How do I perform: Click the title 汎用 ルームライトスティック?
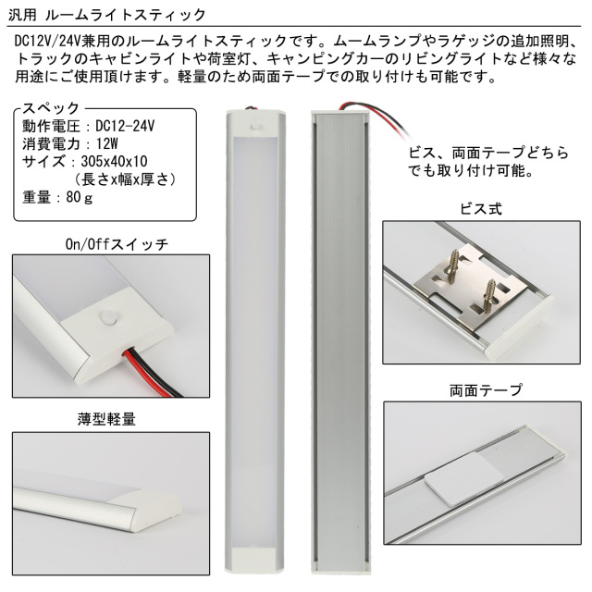point(107,15)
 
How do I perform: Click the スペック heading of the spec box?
point(51,108)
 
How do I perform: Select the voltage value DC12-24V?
point(125,126)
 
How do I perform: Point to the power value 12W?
point(107,143)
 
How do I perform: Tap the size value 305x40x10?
point(114,161)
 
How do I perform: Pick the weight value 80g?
point(80,197)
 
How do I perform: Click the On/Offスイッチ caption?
point(117,244)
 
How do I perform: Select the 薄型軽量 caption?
point(106,419)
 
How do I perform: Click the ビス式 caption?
point(481,209)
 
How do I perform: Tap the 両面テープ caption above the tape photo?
point(486,390)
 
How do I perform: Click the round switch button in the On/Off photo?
point(109,317)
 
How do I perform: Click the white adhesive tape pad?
point(465,478)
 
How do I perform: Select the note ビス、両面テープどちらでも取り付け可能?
point(488,162)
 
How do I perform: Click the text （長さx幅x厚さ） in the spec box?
point(125,179)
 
